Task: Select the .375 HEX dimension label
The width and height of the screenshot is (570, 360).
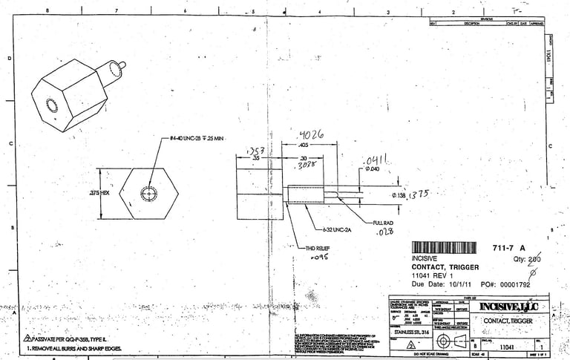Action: point(99,192)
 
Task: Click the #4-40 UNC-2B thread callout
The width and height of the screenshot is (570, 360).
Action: point(194,139)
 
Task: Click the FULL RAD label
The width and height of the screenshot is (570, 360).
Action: point(384,222)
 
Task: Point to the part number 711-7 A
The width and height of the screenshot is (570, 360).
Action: point(509,248)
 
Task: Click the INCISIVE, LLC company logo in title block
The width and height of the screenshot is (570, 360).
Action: point(509,307)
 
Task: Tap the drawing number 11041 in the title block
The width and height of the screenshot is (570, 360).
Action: point(508,346)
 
